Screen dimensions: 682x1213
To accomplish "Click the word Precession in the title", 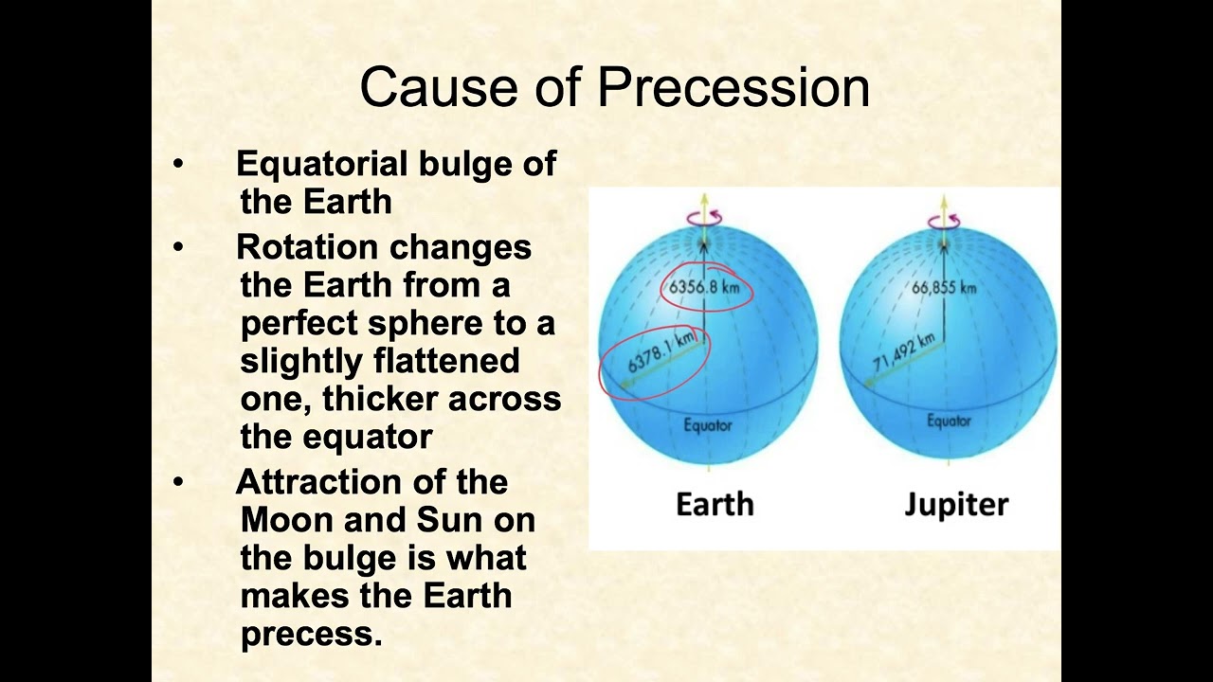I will [x=733, y=87].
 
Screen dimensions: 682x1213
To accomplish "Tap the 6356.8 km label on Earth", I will [x=704, y=286].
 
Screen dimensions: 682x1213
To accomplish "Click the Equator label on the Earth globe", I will [x=708, y=425].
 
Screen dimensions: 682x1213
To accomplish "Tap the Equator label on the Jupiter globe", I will [x=949, y=422].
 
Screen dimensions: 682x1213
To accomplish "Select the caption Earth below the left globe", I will [x=715, y=504].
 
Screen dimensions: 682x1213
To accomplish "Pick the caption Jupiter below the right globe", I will [x=956, y=504].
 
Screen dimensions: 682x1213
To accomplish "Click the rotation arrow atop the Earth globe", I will [x=704, y=218].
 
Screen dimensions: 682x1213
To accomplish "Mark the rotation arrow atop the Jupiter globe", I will [x=944, y=222].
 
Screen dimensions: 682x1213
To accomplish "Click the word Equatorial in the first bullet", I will [x=321, y=164].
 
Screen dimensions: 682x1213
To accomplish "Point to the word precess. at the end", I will [x=311, y=634].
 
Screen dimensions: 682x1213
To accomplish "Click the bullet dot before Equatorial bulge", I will [x=179, y=164].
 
